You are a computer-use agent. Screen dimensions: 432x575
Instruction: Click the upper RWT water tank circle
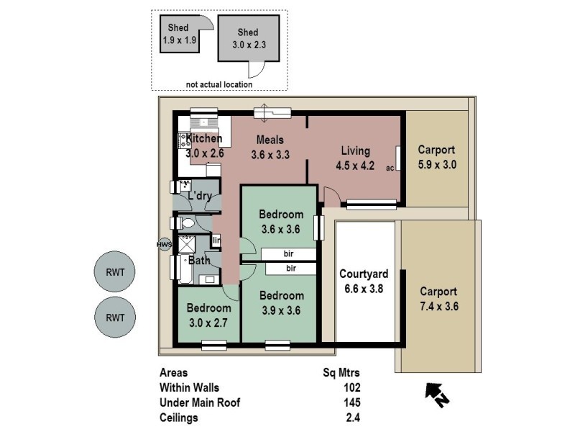pos(115,273)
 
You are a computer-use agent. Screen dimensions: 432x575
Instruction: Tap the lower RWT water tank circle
pos(115,317)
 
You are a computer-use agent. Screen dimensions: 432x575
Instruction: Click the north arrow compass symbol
pos(435,394)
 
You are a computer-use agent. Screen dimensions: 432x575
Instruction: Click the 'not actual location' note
pos(219,84)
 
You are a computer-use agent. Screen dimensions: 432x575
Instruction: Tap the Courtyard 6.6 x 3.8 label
pos(364,281)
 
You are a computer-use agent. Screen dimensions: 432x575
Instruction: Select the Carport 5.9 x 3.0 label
pos(437,157)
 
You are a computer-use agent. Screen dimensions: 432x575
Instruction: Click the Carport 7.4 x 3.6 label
pos(438,299)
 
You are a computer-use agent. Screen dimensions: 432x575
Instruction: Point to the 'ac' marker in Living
pos(390,168)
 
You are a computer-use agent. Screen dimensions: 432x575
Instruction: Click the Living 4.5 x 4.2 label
pos(355,158)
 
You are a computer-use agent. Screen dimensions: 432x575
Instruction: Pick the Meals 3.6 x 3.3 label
pos(270,147)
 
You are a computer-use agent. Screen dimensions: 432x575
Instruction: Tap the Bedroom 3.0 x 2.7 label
pos(208,315)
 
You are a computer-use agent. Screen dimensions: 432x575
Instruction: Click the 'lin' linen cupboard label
pos(216,240)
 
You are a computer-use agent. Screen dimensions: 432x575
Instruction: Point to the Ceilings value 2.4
pos(352,417)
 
